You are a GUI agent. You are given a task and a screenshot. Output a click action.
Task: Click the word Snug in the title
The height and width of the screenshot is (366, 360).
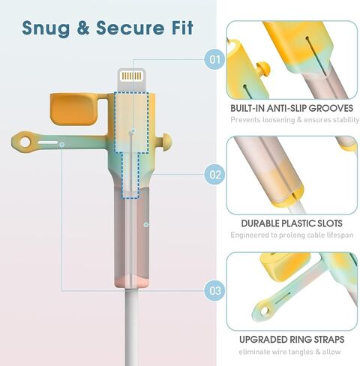(46, 28)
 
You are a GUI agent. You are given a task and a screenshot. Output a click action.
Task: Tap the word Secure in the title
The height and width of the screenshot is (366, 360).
(130, 28)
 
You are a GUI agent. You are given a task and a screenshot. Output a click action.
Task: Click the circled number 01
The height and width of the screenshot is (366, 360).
(214, 59)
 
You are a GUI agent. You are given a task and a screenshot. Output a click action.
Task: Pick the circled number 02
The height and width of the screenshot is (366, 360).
(214, 175)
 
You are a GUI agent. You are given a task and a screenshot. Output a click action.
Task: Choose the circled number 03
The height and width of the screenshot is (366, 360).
(214, 290)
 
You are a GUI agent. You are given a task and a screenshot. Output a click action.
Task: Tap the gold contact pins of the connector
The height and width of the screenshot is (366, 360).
(131, 76)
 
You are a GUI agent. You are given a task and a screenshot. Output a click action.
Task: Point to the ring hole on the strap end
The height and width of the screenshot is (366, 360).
(25, 142)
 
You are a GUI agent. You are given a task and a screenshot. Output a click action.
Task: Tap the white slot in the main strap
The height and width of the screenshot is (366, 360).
(48, 142)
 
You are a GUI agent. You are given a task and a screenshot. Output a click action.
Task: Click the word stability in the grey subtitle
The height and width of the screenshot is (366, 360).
(346, 120)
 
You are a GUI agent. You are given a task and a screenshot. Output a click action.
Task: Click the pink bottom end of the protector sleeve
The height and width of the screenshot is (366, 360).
(131, 281)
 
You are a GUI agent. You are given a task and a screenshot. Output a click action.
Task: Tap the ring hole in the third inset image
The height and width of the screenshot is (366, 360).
(264, 311)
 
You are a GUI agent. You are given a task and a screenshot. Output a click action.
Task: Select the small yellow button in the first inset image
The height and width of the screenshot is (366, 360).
(264, 68)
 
